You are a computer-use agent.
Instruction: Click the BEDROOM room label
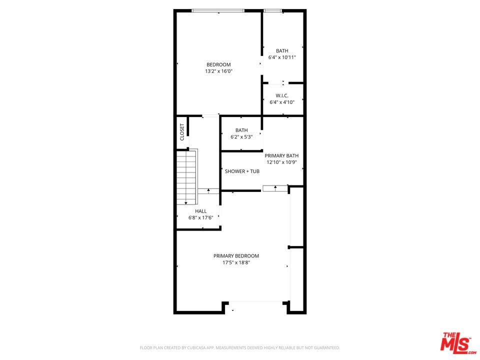point(218,64)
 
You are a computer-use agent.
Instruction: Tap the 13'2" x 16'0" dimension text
point(219,71)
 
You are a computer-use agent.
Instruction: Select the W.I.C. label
point(282,96)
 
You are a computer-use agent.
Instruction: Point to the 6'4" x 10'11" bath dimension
point(282,57)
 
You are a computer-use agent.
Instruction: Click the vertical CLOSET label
point(182,132)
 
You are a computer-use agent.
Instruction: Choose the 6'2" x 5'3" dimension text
point(241,137)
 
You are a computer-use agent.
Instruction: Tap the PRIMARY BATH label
point(281,156)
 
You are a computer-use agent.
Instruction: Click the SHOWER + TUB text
point(242,171)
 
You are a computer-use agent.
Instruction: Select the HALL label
point(201,211)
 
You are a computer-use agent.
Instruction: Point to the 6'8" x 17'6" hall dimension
point(201,217)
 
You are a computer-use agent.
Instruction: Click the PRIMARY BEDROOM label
point(236,256)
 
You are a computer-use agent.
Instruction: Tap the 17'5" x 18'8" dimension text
point(236,262)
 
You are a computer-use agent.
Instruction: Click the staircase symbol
point(186,177)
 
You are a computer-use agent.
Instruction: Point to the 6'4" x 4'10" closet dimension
point(282,102)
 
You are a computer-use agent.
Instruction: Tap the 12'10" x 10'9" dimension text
point(281,162)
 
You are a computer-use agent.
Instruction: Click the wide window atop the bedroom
point(218,10)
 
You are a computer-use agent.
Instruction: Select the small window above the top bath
point(273,10)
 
